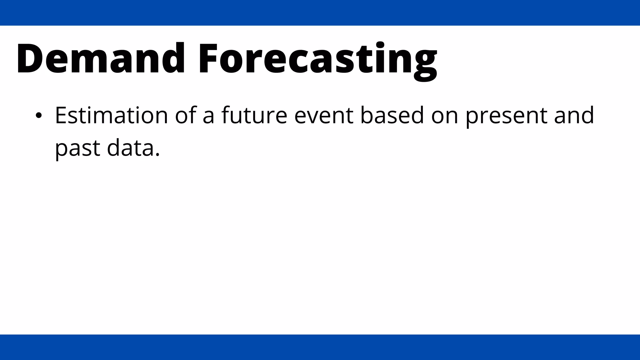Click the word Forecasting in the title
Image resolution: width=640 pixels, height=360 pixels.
pos(317,59)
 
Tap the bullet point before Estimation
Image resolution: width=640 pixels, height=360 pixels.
pos(38,116)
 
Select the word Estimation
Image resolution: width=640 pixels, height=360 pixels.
pos(112,115)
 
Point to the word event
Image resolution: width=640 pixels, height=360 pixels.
pos(323,115)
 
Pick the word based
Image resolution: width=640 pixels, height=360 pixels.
pos(392,115)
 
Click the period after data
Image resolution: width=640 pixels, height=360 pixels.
pos(157,155)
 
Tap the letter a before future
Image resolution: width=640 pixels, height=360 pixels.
pos(208,117)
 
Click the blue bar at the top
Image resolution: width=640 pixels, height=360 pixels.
pos(320,12)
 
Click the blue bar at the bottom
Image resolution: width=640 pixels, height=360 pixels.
pos(320,347)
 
